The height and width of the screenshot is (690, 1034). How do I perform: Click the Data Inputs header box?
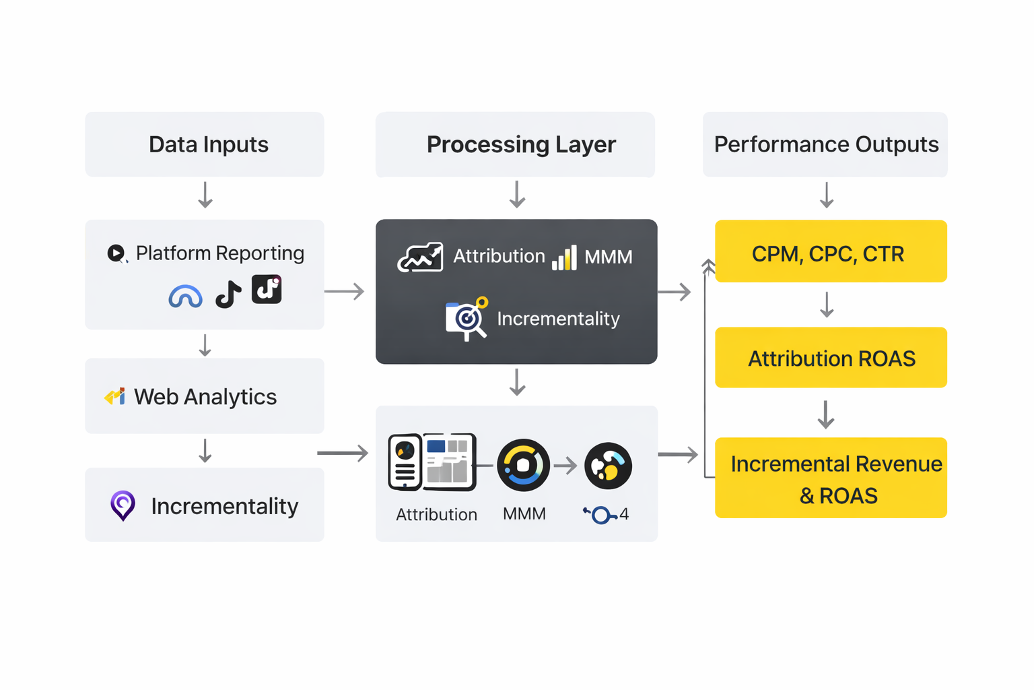205,144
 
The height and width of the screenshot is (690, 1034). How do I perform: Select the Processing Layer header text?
521,144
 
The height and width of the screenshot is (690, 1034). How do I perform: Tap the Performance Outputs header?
825,144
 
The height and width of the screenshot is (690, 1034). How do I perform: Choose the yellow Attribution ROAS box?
831,358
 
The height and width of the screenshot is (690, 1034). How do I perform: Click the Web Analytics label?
205,397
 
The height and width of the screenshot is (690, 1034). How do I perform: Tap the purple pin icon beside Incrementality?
123,505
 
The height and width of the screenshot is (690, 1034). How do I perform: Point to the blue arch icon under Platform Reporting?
185,296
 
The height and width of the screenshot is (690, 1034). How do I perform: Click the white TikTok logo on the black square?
267,289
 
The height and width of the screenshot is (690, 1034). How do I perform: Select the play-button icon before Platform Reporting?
116,253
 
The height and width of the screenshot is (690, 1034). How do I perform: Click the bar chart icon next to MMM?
564,257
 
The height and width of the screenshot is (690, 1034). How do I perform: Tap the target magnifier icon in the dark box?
466,319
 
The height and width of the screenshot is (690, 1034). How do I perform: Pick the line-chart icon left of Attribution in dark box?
421,257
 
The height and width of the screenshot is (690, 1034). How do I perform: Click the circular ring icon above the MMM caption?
523,465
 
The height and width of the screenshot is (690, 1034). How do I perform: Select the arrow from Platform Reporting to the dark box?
344,291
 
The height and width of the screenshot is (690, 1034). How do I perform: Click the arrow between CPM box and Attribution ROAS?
827,305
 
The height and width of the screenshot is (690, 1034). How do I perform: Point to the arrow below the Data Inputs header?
205,195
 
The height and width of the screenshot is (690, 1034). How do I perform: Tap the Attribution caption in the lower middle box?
436,515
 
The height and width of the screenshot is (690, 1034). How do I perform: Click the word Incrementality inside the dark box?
558,319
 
